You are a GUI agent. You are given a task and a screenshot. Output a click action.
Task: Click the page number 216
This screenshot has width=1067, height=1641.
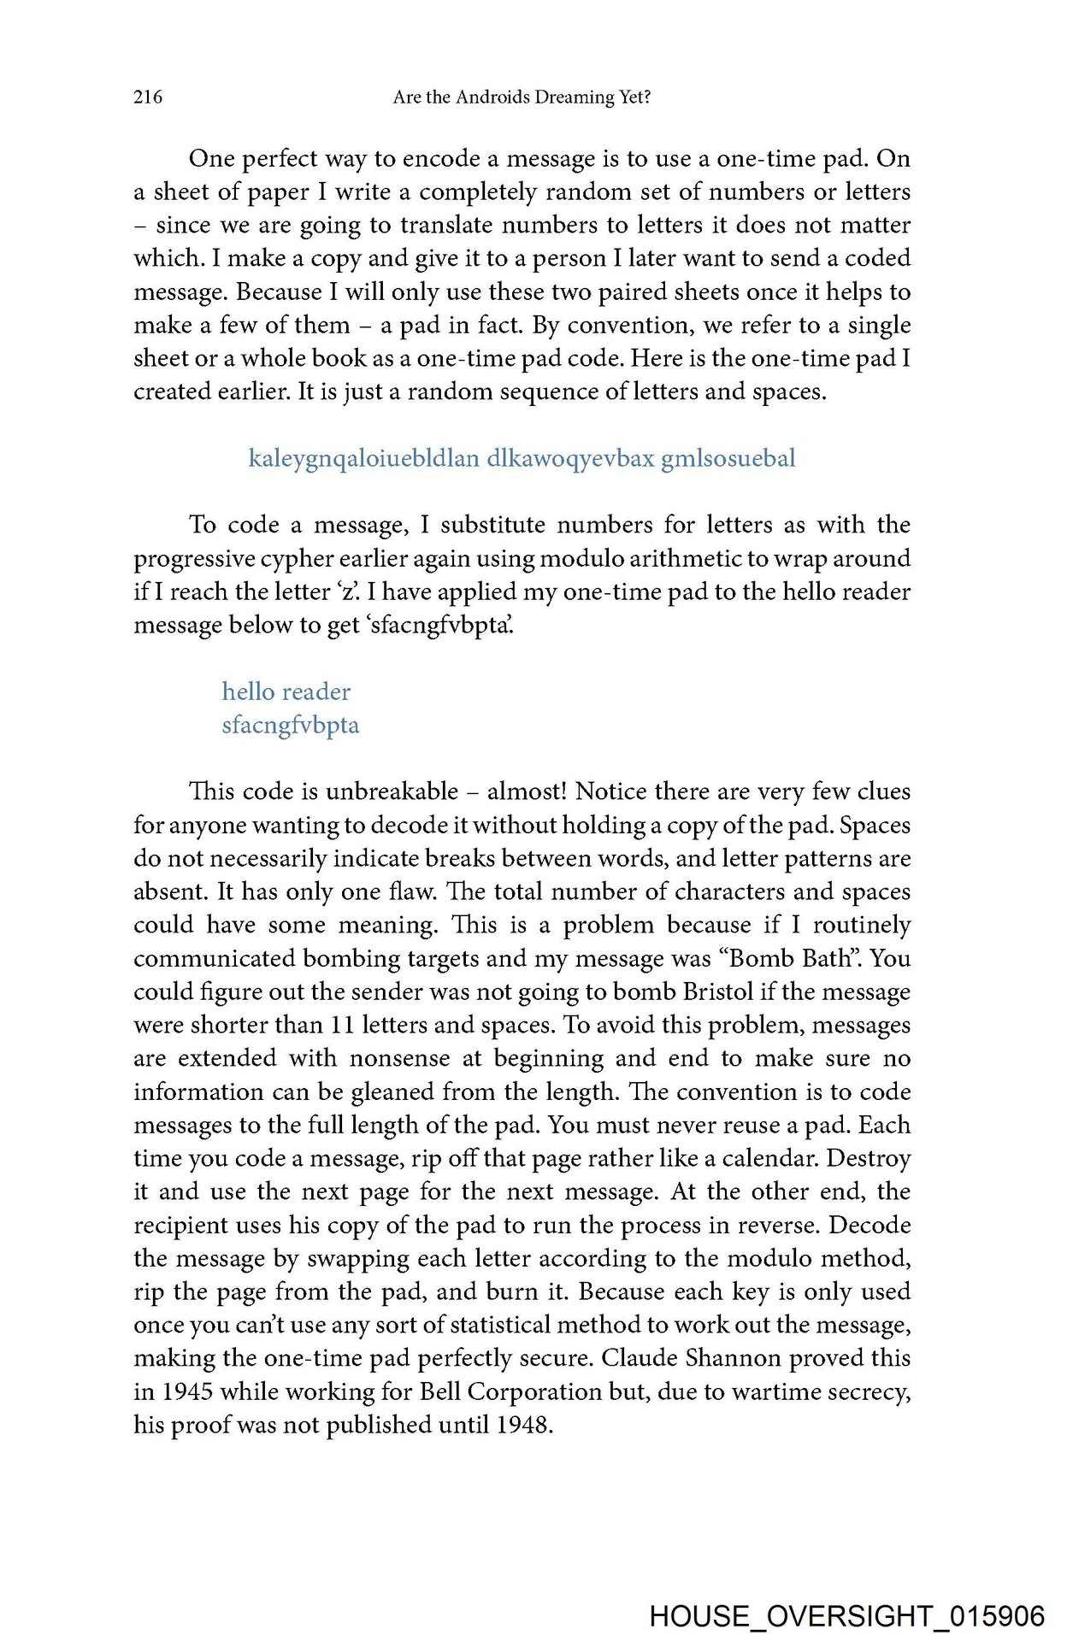(148, 97)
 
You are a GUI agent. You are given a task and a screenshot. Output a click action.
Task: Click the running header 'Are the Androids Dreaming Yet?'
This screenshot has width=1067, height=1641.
(522, 97)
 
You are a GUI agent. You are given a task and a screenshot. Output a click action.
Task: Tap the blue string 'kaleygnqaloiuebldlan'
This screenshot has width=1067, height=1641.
(363, 459)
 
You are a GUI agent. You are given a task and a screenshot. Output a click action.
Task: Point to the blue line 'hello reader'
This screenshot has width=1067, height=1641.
(286, 691)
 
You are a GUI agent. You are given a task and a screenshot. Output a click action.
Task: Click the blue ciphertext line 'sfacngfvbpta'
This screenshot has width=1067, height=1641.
(291, 726)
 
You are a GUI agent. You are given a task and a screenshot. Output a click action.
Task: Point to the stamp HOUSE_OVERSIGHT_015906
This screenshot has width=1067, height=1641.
(846, 1616)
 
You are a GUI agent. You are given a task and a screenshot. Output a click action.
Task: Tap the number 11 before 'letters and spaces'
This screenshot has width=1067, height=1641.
(342, 1025)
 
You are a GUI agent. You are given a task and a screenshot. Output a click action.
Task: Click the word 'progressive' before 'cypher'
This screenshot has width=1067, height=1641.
(192, 559)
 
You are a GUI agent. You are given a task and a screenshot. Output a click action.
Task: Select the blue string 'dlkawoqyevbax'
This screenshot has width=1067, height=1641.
(570, 458)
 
